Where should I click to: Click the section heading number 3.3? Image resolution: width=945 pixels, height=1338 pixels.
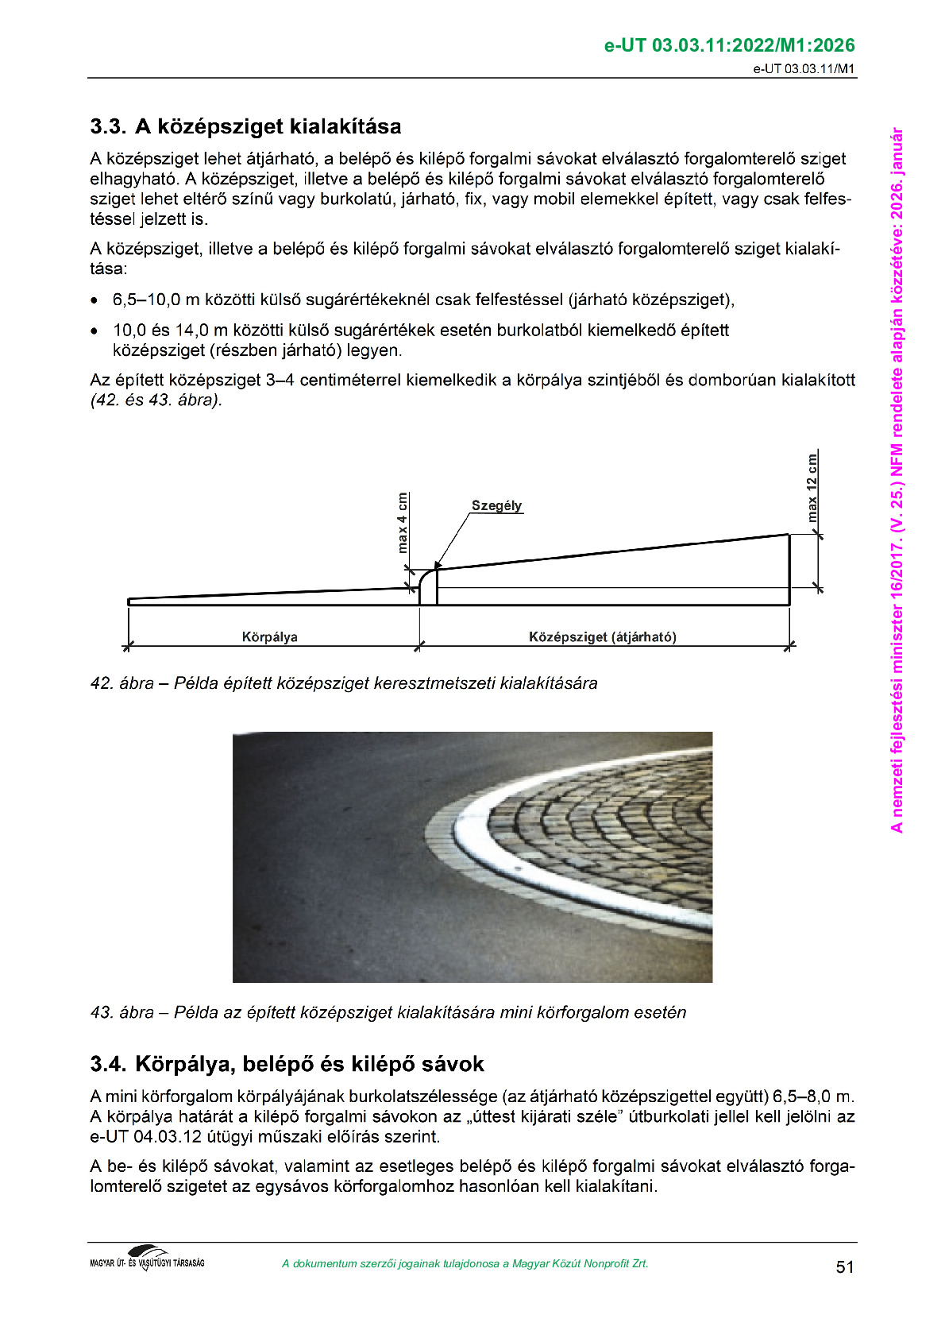pyautogui.click(x=107, y=127)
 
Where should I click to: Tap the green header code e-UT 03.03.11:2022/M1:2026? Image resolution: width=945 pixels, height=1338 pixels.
pyautogui.click(x=729, y=45)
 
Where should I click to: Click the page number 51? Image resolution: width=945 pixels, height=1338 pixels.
pyautogui.click(x=845, y=1266)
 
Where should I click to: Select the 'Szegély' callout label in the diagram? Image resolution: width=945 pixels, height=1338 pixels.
pyautogui.click(x=496, y=505)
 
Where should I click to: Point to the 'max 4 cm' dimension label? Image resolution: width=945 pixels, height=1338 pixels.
pyautogui.click(x=403, y=523)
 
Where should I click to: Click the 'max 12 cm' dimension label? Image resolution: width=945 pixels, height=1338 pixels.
pyautogui.click(x=812, y=488)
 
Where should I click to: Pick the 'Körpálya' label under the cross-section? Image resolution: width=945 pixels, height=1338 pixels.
pyautogui.click(x=269, y=636)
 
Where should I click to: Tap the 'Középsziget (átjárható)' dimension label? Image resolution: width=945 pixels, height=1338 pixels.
pyautogui.click(x=602, y=636)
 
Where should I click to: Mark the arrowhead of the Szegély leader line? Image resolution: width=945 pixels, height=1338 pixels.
pyautogui.click(x=437, y=565)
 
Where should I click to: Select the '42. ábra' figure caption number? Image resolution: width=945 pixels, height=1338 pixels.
pyautogui.click(x=121, y=683)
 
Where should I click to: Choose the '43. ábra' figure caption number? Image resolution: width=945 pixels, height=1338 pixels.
pyautogui.click(x=121, y=1012)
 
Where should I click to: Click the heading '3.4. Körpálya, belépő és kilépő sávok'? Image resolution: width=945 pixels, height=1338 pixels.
pyautogui.click(x=287, y=1064)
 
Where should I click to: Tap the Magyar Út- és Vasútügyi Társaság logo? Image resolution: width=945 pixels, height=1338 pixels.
pyautogui.click(x=147, y=1259)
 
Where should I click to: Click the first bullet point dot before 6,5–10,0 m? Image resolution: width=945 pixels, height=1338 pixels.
pyautogui.click(x=94, y=301)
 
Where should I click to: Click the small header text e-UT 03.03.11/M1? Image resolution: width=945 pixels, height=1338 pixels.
pyautogui.click(x=804, y=68)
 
